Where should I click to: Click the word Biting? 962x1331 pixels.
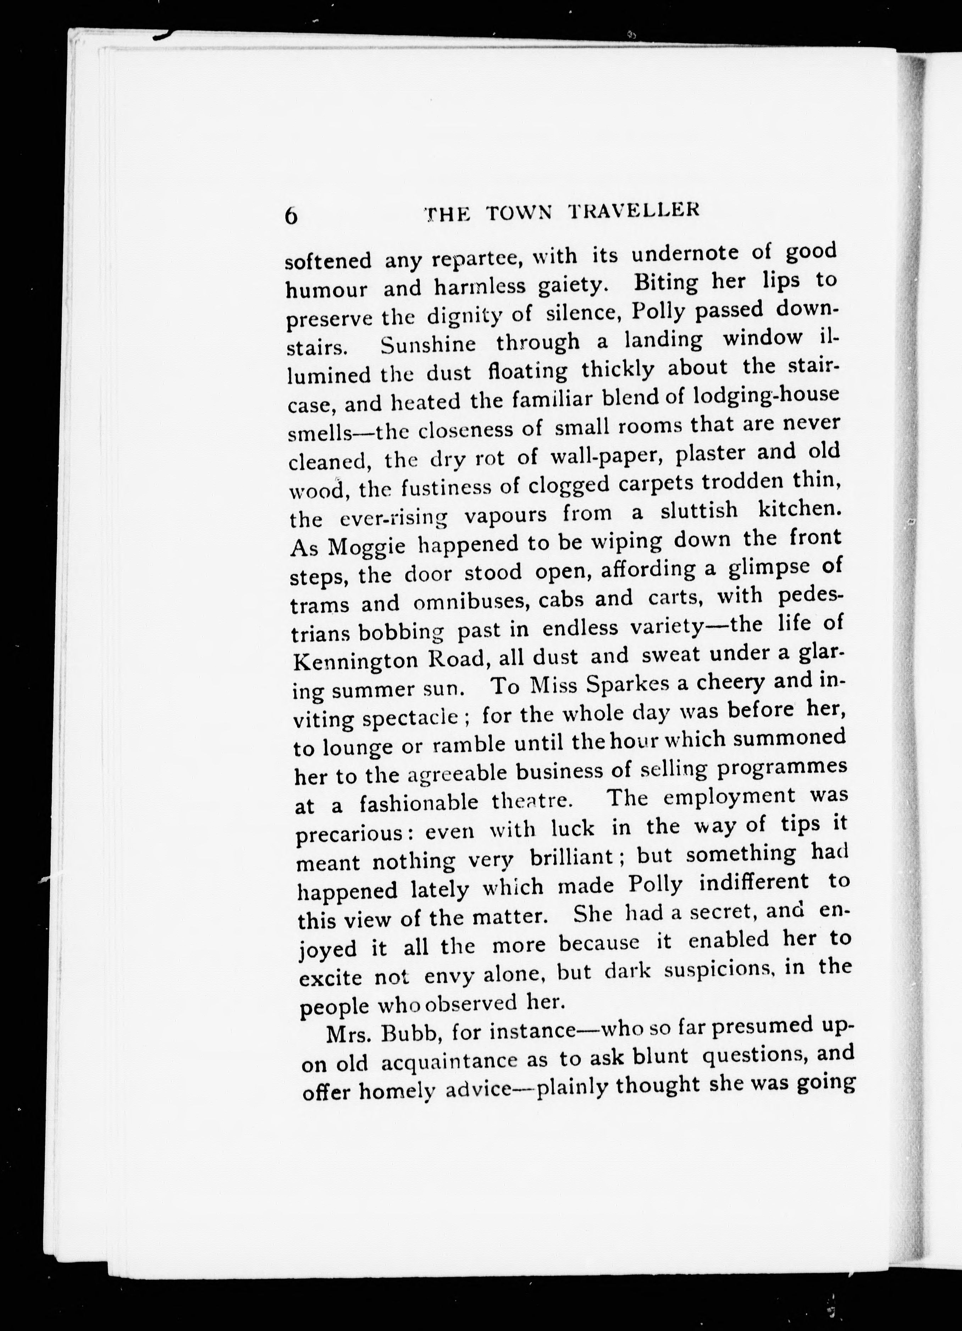(x=666, y=283)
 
